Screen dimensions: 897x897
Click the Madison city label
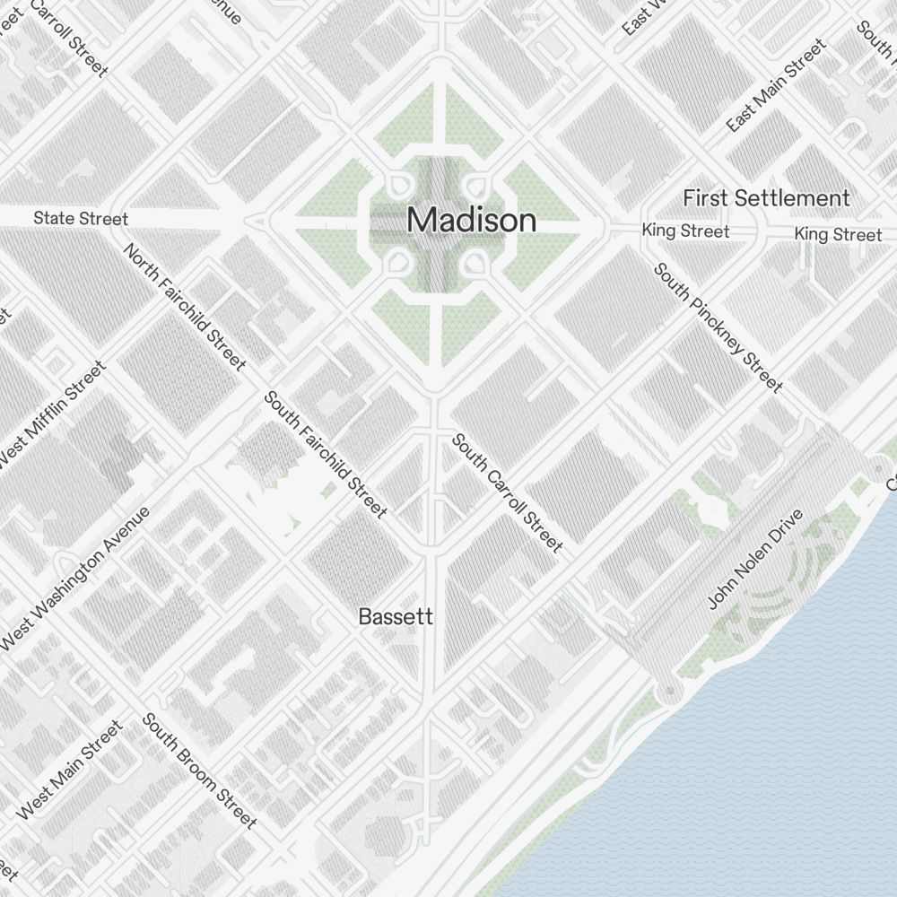coord(472,220)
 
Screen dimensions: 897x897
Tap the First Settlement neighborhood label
coord(766,198)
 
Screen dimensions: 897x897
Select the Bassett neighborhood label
coord(396,617)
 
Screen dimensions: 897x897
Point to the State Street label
coord(81,218)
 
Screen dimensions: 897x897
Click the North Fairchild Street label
coord(186,307)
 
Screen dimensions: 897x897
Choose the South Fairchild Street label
coord(326,455)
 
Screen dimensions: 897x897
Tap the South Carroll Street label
coord(507,492)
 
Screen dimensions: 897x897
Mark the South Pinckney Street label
coord(718,327)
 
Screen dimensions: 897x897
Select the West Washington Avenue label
coord(75,579)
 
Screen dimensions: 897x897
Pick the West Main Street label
coord(68,769)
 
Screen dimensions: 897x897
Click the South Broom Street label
coord(199,771)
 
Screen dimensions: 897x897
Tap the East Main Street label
coord(776,86)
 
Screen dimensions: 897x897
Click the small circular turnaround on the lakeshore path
coord(667,692)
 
